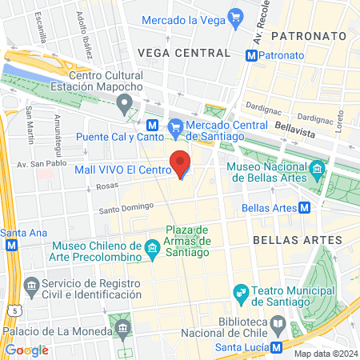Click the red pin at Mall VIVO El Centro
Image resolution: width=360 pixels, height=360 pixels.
click(182, 164)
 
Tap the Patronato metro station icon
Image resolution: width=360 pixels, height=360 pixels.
click(252, 55)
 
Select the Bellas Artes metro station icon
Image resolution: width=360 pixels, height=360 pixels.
click(305, 209)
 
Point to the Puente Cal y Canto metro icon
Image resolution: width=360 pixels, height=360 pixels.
click(152, 126)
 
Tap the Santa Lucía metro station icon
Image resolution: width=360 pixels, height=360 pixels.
click(276, 347)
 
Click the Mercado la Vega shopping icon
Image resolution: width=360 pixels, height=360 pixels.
click(235, 18)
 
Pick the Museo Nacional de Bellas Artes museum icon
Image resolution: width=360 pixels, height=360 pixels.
click(318, 169)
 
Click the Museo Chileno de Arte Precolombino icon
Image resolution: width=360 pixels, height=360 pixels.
click(153, 253)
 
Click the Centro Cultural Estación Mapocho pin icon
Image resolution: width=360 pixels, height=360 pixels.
click(124, 102)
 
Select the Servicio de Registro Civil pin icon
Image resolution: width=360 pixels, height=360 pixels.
click(31, 285)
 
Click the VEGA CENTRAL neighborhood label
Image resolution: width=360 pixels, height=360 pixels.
click(184, 53)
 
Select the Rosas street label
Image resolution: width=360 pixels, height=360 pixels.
click(106, 185)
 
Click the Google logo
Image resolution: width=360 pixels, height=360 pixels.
click(26, 350)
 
